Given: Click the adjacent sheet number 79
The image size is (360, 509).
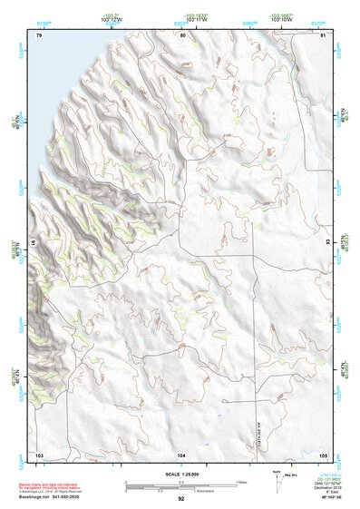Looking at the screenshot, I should [x=39, y=35].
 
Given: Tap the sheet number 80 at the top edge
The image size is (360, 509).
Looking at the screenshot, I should [x=182, y=35].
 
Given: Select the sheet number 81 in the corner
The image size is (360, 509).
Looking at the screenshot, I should [x=323, y=35].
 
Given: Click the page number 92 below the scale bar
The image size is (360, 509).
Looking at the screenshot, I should [x=181, y=499].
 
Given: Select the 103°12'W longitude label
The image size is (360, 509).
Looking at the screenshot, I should [x=112, y=20].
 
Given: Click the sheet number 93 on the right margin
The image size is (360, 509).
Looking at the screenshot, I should [x=328, y=243].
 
